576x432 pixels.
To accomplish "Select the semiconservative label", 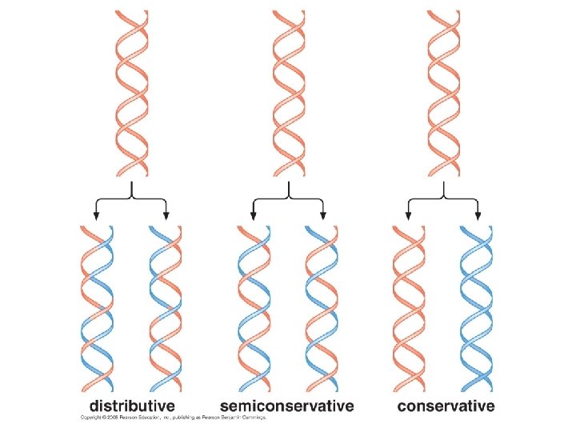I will [x=287, y=406].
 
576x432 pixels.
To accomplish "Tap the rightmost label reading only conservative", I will [x=446, y=406].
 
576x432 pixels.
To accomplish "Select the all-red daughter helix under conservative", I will [x=409, y=308].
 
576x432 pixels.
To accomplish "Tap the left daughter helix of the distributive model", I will [x=97, y=308].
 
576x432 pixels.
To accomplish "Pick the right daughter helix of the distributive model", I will [x=166, y=308].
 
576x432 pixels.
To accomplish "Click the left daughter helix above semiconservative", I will [x=254, y=308].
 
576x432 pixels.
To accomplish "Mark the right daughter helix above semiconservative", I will [x=322, y=308].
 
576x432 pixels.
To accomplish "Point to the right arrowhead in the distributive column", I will [x=166, y=215].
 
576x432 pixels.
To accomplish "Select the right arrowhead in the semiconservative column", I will [x=322, y=215].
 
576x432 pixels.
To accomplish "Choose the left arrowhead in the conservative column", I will [x=409, y=215].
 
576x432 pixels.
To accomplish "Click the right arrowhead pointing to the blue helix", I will [x=478, y=215].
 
